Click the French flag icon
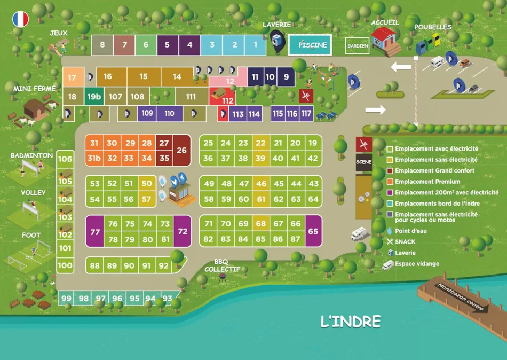point(21,19)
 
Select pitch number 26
point(181,151)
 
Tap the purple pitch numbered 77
point(95,231)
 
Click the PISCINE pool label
point(312,45)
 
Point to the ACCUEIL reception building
point(386,38)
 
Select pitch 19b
point(94,97)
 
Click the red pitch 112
point(228,100)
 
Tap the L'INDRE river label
point(350,322)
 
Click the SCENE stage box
point(363,162)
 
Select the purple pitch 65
point(313,231)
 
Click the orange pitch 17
point(72,77)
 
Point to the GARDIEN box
point(357,46)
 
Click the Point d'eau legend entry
point(411,231)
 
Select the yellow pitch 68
point(260,224)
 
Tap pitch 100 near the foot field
point(65,265)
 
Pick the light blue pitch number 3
point(212,45)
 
